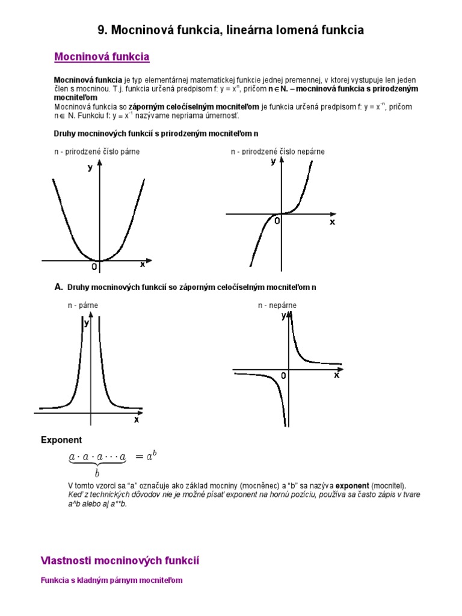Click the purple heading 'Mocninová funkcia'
coord(102,57)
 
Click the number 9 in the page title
coord(101,29)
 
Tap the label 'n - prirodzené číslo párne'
coord(97,152)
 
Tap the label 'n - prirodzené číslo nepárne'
coord(278,152)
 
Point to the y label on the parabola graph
coord(90,168)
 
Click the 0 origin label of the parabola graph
coord(94,266)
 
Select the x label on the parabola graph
coord(143,264)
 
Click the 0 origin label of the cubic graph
coord(277,221)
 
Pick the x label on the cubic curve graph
coord(331,222)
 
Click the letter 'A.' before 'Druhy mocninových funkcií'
coord(59,288)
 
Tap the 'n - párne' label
coord(83,306)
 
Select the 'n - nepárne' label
coord(277,306)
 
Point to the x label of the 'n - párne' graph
coord(137,419)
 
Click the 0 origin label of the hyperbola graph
coord(283,375)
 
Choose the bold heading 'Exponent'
coord(61,440)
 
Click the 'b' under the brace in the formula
coord(97,473)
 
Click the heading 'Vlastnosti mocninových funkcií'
coord(120,561)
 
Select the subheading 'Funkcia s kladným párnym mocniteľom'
coord(111,581)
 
